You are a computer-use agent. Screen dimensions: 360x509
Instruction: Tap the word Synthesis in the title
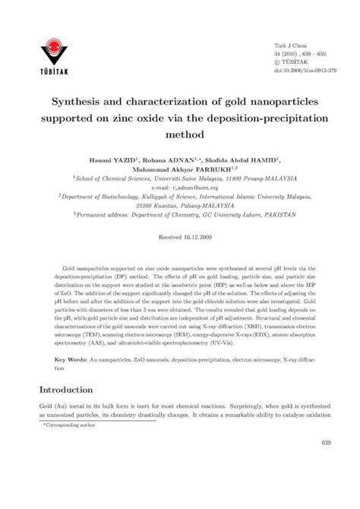tap(83, 100)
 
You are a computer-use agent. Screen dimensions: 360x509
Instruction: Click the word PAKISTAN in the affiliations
tap(272, 215)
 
